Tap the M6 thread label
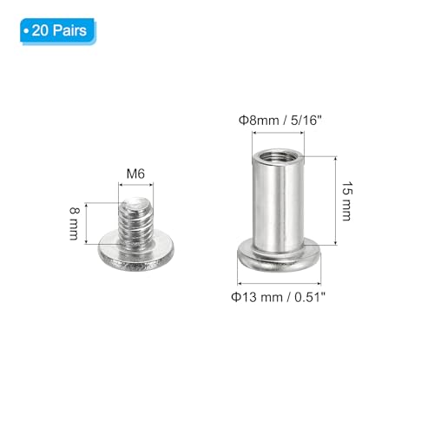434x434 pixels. click(x=135, y=174)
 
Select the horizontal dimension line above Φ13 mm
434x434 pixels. click(x=279, y=282)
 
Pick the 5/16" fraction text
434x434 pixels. click(x=309, y=122)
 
